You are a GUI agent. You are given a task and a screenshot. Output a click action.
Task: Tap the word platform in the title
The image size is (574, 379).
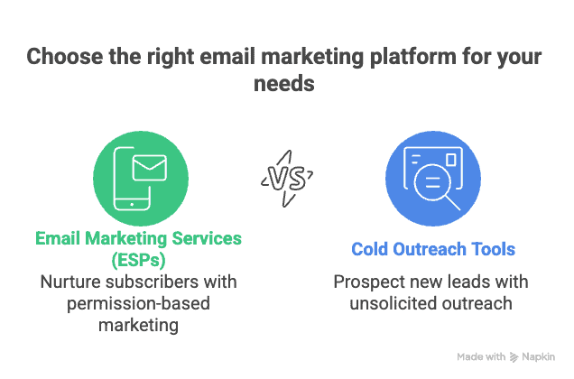coord(413,57)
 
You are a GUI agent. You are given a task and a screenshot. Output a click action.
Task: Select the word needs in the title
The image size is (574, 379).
coord(285,84)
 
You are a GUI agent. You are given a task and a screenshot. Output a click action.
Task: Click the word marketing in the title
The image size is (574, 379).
coord(310,57)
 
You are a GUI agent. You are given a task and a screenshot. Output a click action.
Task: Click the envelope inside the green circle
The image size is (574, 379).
coord(150,168)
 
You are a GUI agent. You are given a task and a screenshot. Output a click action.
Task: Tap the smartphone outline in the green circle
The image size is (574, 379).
coord(129,181)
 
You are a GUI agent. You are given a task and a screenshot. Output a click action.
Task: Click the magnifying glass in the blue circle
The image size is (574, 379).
coord(435,186)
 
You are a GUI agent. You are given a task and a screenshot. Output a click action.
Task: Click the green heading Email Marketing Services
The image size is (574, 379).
coord(138,238)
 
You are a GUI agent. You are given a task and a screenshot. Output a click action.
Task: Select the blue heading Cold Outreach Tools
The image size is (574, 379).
coord(433,248)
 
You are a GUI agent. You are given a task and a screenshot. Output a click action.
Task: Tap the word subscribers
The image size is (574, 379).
coord(171,282)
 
